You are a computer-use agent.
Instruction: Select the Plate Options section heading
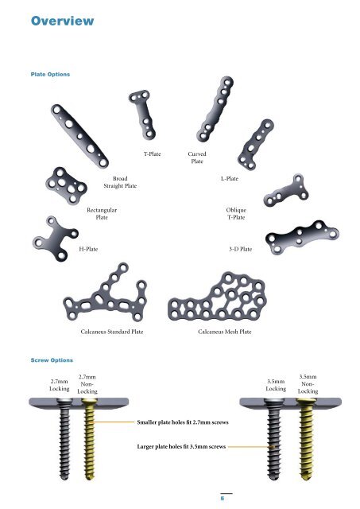click(49, 74)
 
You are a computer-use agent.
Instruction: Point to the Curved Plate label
click(198, 157)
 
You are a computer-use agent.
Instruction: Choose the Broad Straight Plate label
click(120, 182)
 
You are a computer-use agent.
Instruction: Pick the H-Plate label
click(89, 250)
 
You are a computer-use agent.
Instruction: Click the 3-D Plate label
click(240, 250)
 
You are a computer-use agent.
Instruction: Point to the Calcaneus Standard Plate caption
click(112, 330)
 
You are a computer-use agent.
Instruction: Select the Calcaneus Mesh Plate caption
click(225, 330)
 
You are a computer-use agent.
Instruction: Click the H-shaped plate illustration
click(52, 237)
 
